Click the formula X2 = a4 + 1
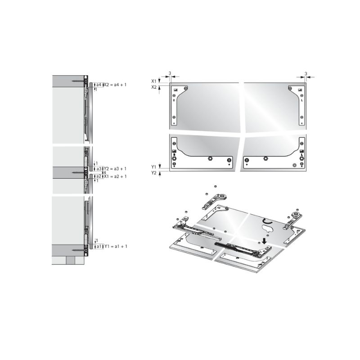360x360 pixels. (x=115, y=85)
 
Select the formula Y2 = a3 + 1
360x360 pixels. (x=115, y=169)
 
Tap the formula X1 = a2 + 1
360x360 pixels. (x=115, y=176)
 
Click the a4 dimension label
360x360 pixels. (x=99, y=85)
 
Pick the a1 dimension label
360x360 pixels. (x=99, y=246)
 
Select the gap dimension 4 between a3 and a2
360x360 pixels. (x=104, y=172)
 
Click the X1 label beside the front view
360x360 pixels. (x=154, y=81)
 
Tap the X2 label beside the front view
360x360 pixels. (x=154, y=87)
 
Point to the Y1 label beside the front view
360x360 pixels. (x=154, y=167)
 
